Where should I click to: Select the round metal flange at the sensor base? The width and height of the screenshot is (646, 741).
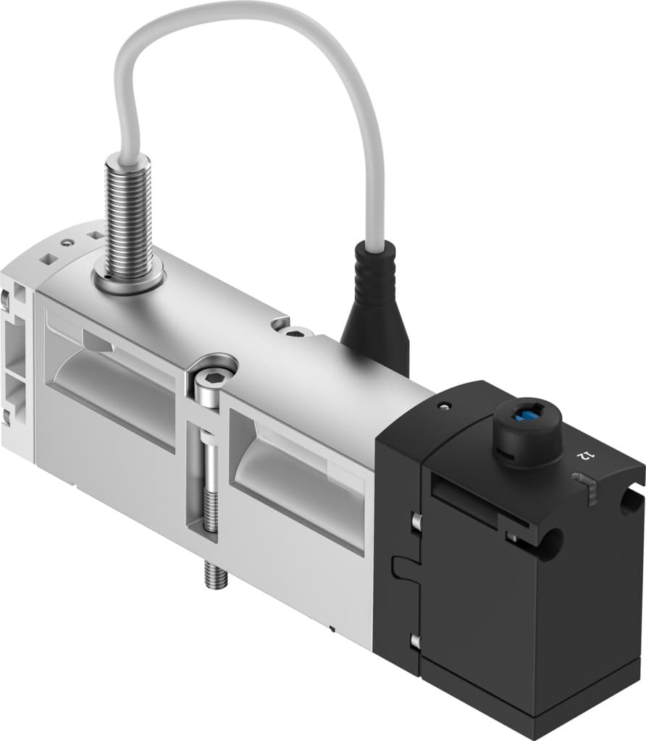click(x=129, y=278)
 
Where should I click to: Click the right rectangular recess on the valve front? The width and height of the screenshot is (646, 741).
click(x=297, y=474)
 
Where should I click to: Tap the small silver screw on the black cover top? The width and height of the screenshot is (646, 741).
click(x=442, y=407)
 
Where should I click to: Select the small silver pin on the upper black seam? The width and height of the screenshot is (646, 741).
click(x=416, y=520)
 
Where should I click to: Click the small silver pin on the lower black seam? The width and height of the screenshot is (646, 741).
click(x=415, y=640)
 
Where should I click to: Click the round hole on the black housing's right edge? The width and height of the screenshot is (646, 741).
click(x=626, y=501)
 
